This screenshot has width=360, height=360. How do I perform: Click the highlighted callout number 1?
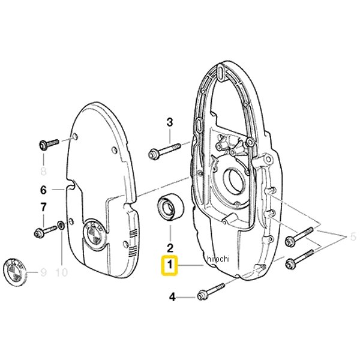pyautogui.click(x=170, y=265)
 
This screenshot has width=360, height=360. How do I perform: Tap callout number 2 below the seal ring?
pyautogui.click(x=170, y=248)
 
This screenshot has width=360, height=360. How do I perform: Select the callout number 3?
pyautogui.click(x=170, y=122)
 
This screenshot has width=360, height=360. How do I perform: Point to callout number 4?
pyautogui.click(x=172, y=297)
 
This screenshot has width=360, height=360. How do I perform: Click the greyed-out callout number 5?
pyautogui.click(x=353, y=237)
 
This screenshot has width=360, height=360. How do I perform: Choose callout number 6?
pyautogui.click(x=44, y=190)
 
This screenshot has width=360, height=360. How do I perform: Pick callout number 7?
pyautogui.click(x=43, y=207)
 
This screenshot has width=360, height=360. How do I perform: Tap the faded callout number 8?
pyautogui.click(x=43, y=170)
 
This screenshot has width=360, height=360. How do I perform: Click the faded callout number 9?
pyautogui.click(x=43, y=272)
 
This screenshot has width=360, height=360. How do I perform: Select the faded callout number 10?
pyautogui.click(x=62, y=272)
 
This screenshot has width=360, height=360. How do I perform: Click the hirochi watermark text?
pyautogui.click(x=218, y=259)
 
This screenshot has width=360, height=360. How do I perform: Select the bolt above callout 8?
pyautogui.click(x=49, y=144)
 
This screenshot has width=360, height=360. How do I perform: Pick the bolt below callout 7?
pyautogui.click(x=45, y=232)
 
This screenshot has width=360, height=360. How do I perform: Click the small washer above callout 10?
pyautogui.click(x=61, y=225)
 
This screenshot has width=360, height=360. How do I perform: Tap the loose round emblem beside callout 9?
pyautogui.click(x=15, y=272)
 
